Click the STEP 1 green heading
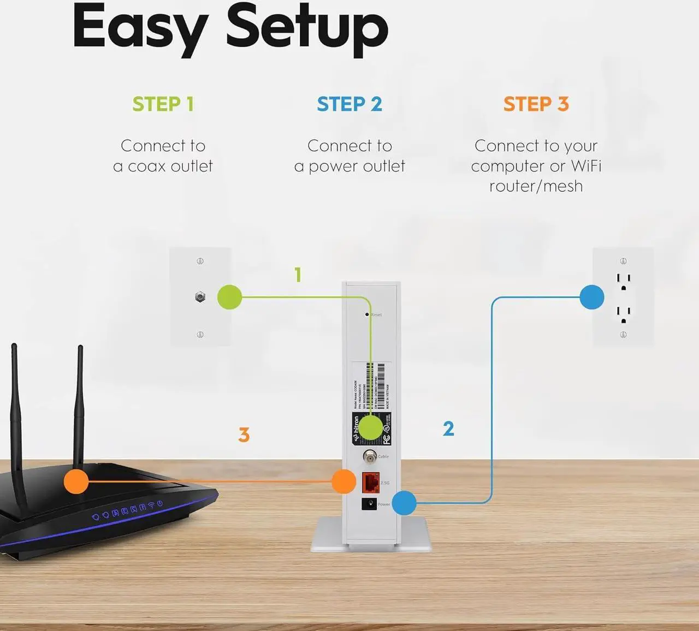[163, 104]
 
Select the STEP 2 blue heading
[349, 104]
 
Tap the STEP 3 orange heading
[536, 104]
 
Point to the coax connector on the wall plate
[200, 297]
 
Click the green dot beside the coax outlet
[229, 297]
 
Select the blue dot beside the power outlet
[591, 297]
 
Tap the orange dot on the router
[76, 481]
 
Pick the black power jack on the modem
[369, 504]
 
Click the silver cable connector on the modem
[370, 456]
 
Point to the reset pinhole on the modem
[367, 315]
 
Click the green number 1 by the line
[298, 275]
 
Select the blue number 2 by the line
[448, 428]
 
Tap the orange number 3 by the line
[244, 435]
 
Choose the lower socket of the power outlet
[624, 314]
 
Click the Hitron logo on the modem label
[357, 428]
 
